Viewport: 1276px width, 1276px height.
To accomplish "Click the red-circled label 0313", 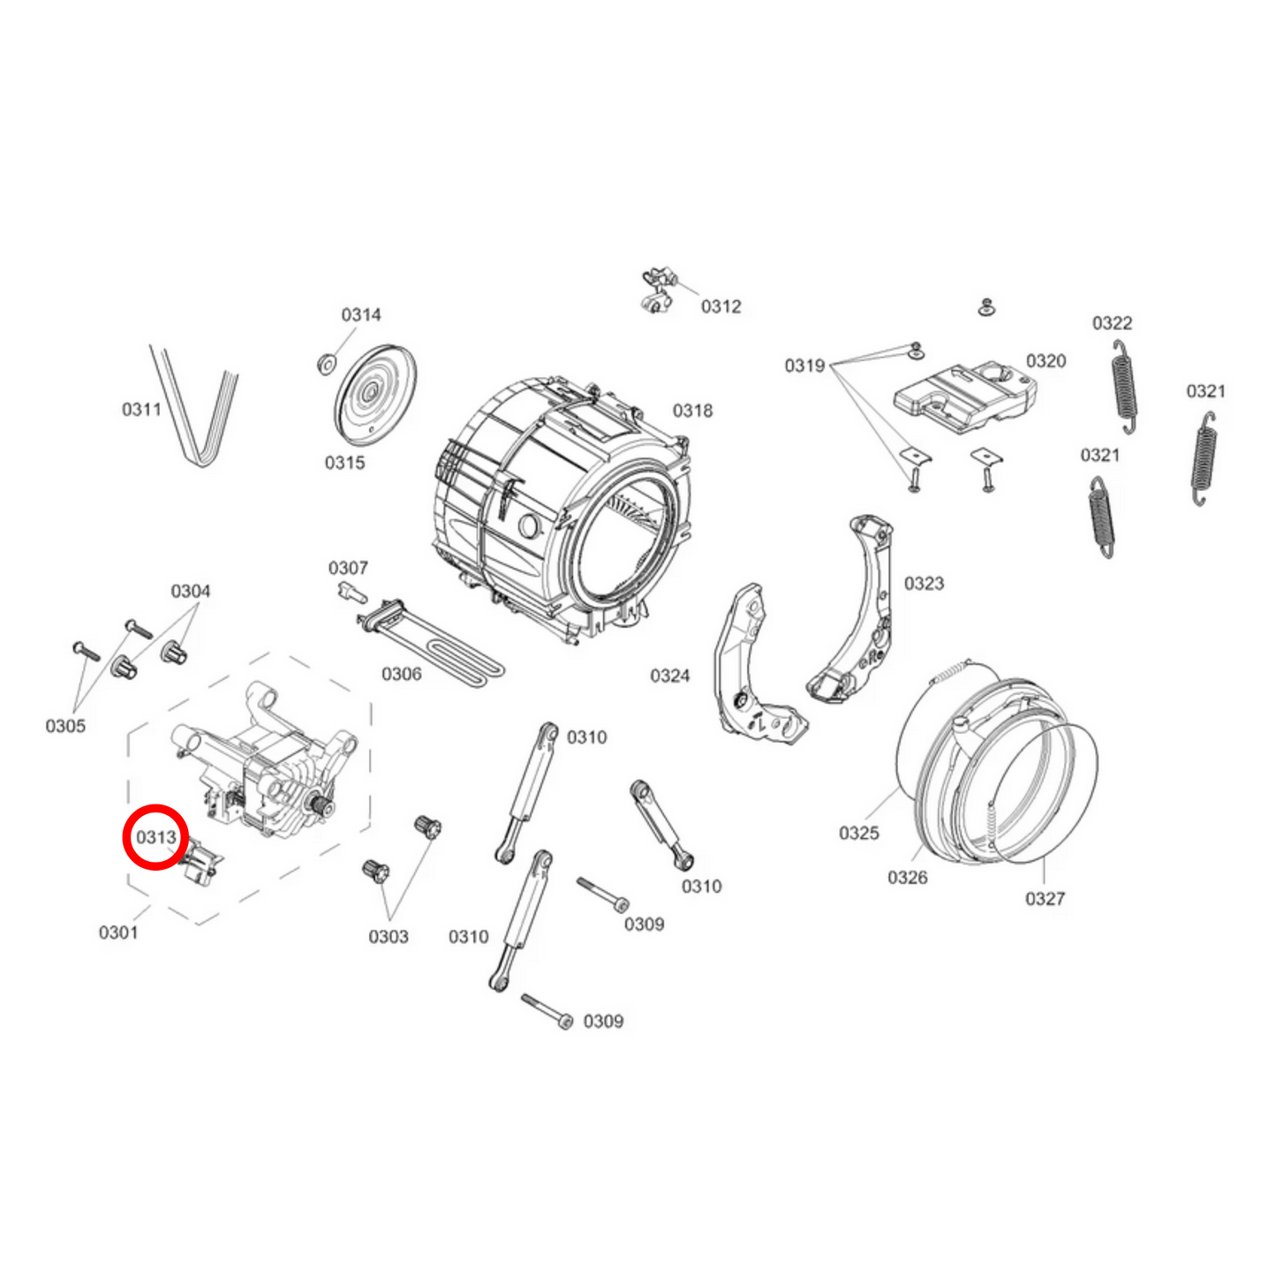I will [x=156, y=836].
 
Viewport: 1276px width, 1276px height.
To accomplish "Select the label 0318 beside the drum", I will [x=692, y=411].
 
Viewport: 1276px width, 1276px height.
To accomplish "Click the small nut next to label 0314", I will [x=325, y=362].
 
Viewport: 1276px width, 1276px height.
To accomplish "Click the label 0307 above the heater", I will [x=348, y=568].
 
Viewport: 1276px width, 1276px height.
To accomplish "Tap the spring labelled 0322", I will [x=1124, y=386].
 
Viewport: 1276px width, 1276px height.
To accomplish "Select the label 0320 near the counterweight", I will [x=1046, y=361].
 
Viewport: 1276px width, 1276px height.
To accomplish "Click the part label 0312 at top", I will [x=721, y=306].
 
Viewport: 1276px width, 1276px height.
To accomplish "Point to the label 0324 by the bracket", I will [x=669, y=676].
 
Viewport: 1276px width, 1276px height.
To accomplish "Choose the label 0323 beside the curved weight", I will [x=924, y=584].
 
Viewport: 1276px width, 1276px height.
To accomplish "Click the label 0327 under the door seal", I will [x=1045, y=899].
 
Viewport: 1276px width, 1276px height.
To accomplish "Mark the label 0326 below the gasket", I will [x=907, y=877].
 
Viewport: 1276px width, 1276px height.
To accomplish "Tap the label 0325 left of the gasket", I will [x=858, y=833].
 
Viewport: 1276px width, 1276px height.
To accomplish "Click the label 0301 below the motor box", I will [x=118, y=932].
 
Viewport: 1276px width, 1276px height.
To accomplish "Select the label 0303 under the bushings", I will [x=389, y=937].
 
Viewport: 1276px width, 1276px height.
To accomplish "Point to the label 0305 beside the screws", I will [x=65, y=726].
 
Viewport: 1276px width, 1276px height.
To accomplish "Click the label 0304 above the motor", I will [x=191, y=592].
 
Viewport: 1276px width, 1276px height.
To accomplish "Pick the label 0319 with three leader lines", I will [x=804, y=366].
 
